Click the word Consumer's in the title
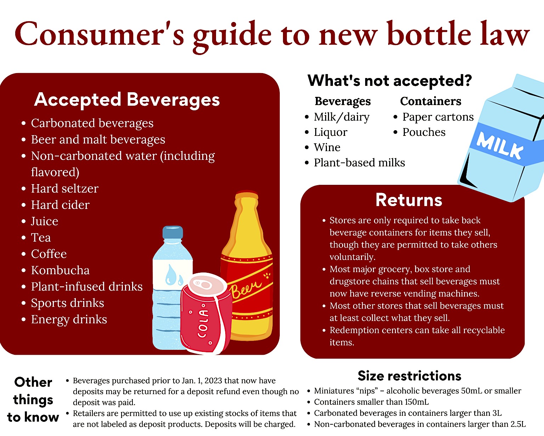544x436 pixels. pos(99,34)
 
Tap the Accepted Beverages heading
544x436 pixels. pos(127,100)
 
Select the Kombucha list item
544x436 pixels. pos(60,270)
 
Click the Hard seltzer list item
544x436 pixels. pos(64,188)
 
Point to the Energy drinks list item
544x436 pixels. pos(69,319)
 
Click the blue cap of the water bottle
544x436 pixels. pos(173,232)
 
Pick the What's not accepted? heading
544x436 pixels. pos(390,81)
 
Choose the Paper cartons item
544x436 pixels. pos(438,117)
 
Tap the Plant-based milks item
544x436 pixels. pos(359,163)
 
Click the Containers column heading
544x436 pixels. pos(431,101)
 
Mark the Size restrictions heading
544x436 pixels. pos(409,375)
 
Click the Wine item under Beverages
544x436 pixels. pos(327,148)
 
